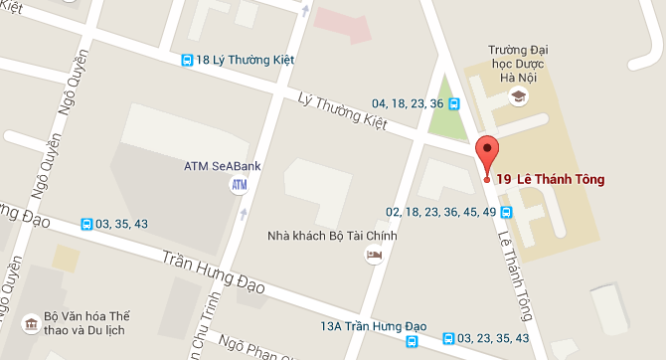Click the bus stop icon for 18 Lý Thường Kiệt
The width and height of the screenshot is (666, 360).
pyautogui.click(x=187, y=61)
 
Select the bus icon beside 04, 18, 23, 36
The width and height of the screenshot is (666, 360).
pyautogui.click(x=453, y=102)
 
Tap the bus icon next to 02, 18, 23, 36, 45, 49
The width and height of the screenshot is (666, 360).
pyautogui.click(x=505, y=212)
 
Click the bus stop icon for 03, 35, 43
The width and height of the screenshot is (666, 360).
pyautogui.click(x=87, y=224)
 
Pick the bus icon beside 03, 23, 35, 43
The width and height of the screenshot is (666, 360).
pyautogui.click(x=449, y=339)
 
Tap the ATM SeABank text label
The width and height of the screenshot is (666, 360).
pyautogui.click(x=223, y=165)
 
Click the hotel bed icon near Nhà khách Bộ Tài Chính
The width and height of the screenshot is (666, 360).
pyautogui.click(x=374, y=257)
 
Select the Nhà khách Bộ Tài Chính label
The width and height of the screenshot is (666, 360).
pyautogui.click(x=332, y=236)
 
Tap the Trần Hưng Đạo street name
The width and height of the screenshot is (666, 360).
pyautogui.click(x=213, y=270)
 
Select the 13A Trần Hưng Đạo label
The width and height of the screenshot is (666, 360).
pyautogui.click(x=373, y=326)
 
